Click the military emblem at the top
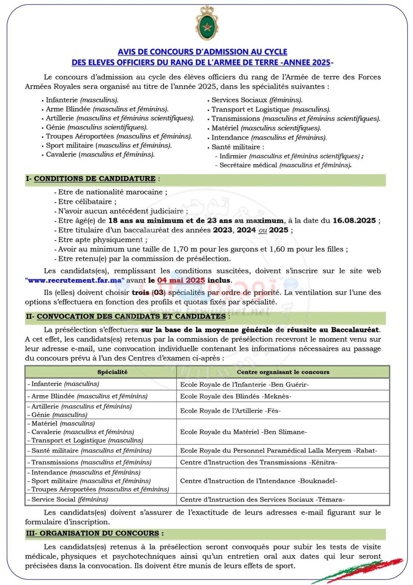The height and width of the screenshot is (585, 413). [206, 24]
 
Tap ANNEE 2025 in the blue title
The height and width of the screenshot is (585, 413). [308, 62]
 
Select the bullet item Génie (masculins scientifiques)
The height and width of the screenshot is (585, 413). [97, 127]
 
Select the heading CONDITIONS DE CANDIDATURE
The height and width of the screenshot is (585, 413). [94, 179]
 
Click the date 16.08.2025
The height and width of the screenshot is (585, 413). [354, 221]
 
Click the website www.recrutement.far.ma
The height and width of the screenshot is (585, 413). [75, 280]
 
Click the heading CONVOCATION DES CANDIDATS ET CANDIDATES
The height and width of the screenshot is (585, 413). [131, 316]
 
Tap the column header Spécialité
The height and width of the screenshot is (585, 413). [112, 372]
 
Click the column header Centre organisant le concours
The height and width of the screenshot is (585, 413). [283, 372]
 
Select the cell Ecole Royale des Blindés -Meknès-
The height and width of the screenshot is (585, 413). [236, 396]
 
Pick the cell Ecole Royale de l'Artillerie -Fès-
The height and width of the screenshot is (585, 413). [230, 411]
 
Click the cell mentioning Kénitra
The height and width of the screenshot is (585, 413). [259, 462]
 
